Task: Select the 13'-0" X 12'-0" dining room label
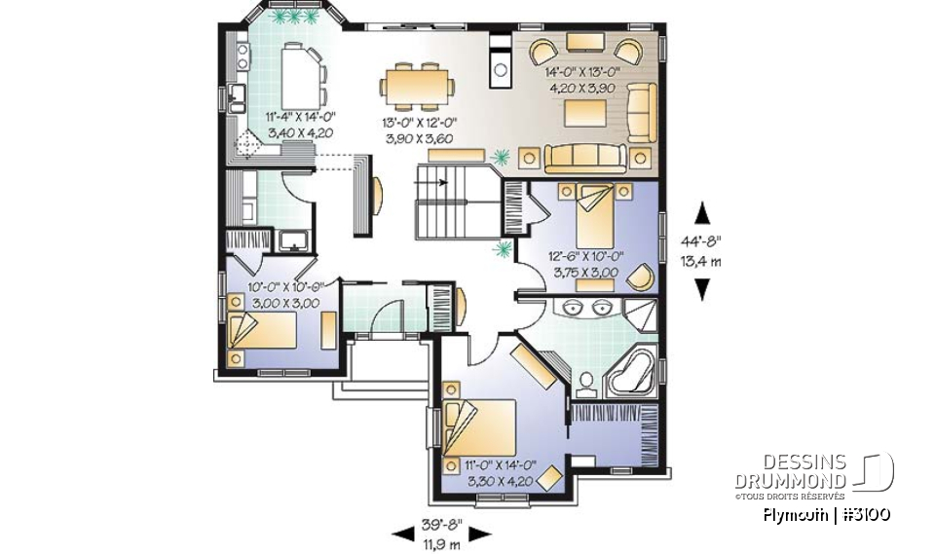[420, 130]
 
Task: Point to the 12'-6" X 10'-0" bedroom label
[585, 265]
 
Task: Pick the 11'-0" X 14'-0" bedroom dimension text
[498, 472]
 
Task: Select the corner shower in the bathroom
[640, 314]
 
